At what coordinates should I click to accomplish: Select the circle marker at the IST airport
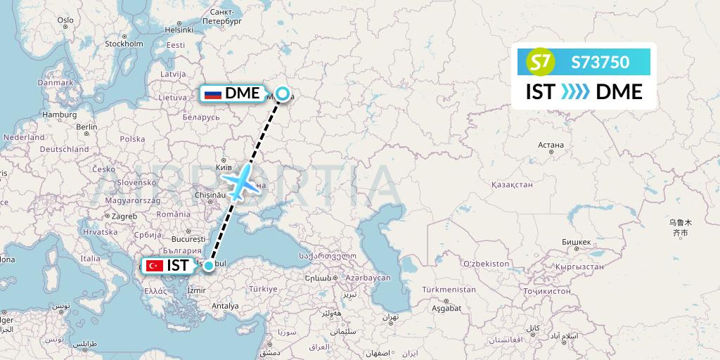209,265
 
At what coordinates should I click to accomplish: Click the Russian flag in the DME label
212,94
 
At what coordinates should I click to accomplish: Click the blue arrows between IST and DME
575,92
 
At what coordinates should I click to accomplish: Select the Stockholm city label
124,44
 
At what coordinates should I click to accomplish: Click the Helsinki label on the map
179,30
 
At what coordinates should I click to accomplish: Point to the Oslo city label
65,20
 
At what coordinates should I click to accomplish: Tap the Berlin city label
87,127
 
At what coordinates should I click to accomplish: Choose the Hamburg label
59,114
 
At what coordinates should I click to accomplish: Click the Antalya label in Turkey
224,306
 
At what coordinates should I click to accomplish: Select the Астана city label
551,146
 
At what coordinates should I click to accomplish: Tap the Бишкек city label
576,242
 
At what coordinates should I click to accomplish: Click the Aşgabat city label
446,308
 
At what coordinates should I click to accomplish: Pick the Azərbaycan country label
367,278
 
